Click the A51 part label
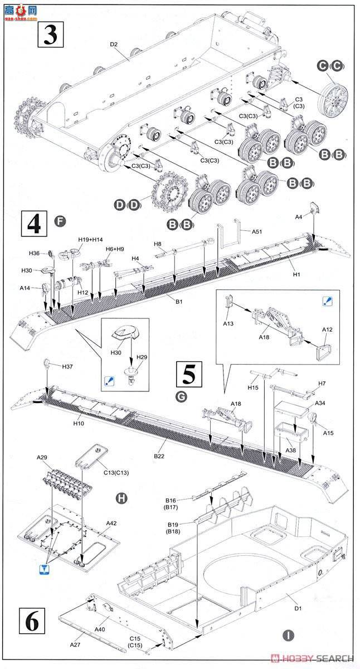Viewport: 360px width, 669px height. pyautogui.click(x=257, y=231)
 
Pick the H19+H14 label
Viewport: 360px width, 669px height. pyautogui.click(x=90, y=240)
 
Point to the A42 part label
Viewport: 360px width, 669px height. pyautogui.click(x=113, y=523)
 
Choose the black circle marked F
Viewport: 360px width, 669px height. pyautogui.click(x=61, y=221)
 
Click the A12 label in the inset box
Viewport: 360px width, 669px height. pyautogui.click(x=327, y=330)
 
